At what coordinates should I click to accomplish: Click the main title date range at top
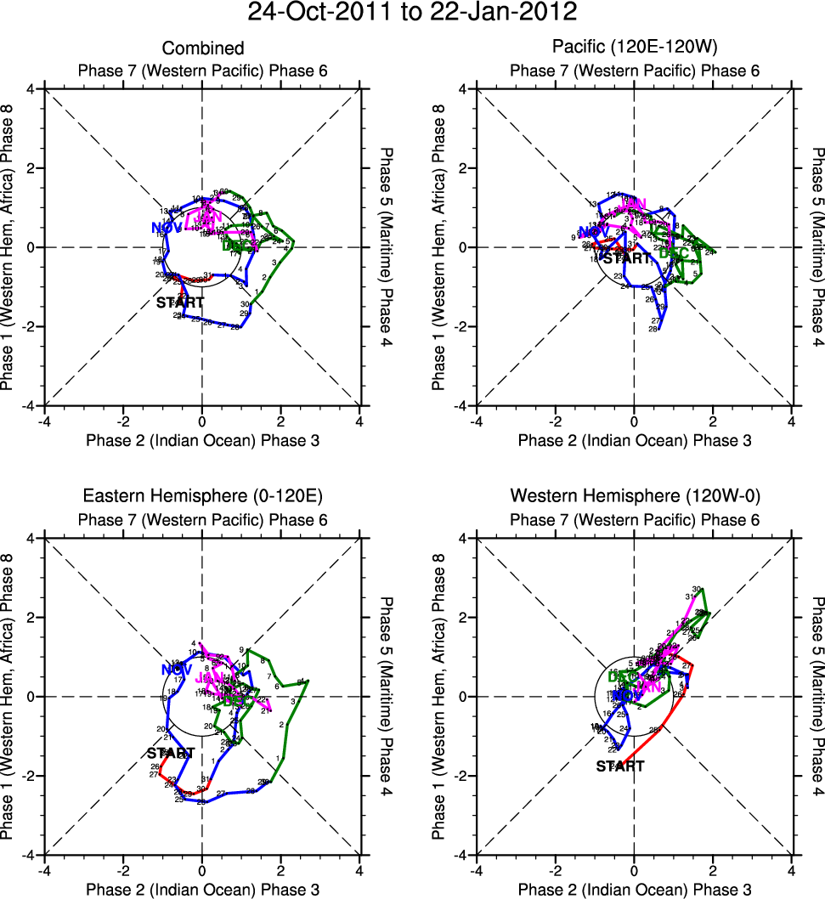(412, 14)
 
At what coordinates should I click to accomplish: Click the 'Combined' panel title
(202, 48)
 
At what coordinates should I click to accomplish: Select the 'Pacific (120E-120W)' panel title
(635, 48)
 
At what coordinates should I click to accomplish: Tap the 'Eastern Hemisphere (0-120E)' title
(202, 496)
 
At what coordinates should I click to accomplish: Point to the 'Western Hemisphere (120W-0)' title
(635, 496)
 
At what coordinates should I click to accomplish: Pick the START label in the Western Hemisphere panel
(619, 766)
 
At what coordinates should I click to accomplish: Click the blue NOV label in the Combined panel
(167, 228)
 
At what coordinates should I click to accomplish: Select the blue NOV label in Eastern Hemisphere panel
(177, 669)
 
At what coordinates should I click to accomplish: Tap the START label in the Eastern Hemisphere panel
(171, 753)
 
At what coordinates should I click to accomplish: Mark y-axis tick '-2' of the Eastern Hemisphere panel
(27, 776)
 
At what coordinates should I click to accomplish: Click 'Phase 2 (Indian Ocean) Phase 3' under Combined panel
(202, 440)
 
